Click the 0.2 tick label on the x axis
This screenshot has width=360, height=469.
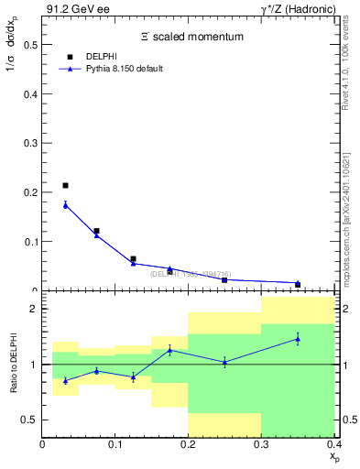click(x=189, y=444)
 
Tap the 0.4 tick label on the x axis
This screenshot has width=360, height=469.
click(x=333, y=444)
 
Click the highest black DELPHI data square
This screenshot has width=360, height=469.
click(x=65, y=186)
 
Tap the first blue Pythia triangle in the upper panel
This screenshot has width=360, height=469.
click(x=65, y=205)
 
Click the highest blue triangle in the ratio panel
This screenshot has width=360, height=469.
click(x=298, y=339)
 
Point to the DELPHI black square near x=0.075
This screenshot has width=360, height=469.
click(x=96, y=231)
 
